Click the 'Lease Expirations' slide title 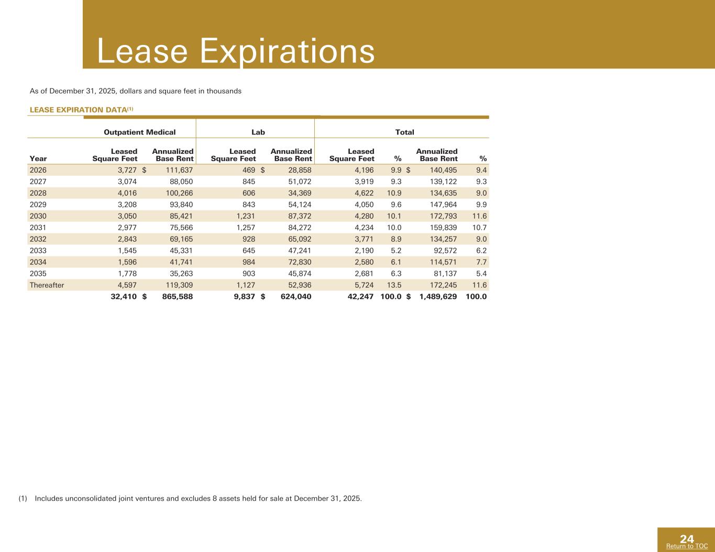(236, 51)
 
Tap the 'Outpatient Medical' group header (140, 132)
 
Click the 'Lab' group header (258, 132)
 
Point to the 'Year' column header (38, 159)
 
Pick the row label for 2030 (38, 216)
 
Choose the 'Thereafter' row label (47, 285)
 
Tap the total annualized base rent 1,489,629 (438, 297)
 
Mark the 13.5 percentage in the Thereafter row (393, 285)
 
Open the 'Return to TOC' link (687, 546)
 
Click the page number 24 (687, 538)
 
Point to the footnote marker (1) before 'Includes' (23, 498)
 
